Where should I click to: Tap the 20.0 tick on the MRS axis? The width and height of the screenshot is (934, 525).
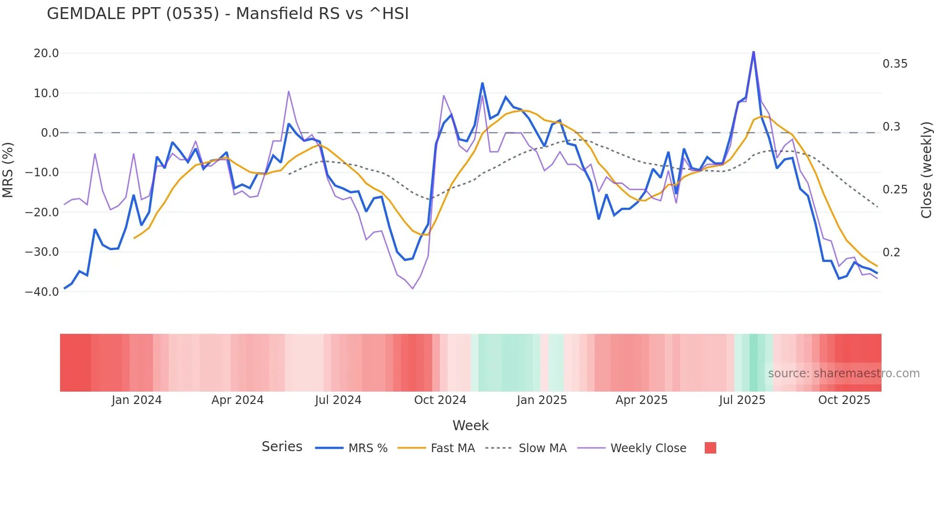[x=46, y=53]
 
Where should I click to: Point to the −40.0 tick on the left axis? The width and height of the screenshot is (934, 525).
[x=42, y=292]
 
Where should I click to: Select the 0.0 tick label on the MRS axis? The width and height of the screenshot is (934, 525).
[x=50, y=133]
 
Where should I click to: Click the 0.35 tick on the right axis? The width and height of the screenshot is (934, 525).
[x=895, y=64]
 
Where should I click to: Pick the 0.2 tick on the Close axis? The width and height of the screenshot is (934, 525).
[x=891, y=252]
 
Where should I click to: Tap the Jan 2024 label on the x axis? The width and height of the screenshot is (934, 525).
[x=137, y=400]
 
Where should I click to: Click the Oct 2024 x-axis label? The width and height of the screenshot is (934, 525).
[x=440, y=400]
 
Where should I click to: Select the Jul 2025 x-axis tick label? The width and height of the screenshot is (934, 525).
[x=742, y=400]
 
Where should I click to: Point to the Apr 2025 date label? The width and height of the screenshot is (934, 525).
[x=641, y=400]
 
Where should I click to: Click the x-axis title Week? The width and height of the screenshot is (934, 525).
[x=470, y=425]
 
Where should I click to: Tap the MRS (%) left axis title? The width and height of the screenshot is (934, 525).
[x=8, y=170]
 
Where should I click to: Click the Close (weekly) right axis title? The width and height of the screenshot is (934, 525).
[x=926, y=170]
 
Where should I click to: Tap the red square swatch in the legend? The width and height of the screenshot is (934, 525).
[x=710, y=448]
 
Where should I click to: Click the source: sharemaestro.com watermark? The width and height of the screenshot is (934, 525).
[x=843, y=374]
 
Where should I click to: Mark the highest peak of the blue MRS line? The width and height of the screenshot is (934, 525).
[x=753, y=51]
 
